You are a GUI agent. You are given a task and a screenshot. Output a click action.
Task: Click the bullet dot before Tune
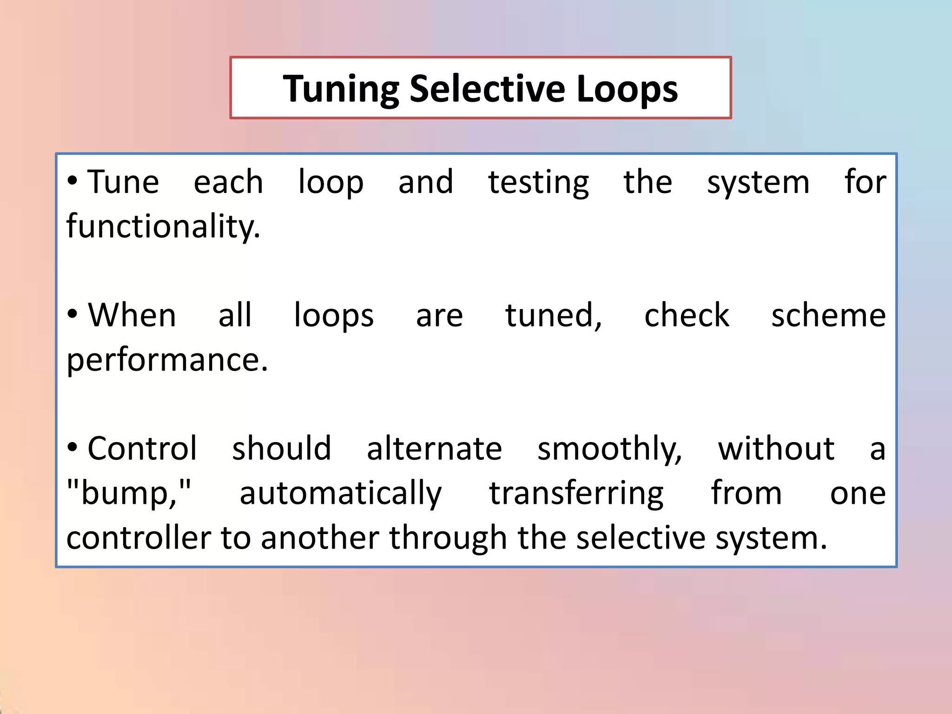72,181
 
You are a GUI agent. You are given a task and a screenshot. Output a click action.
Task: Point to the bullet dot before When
72,315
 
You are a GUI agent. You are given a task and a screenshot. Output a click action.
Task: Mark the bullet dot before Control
72,448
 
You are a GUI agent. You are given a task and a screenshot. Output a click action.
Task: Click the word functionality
163,226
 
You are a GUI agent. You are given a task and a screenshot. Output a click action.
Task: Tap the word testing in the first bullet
538,182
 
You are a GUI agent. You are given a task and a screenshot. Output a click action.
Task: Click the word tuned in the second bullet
553,315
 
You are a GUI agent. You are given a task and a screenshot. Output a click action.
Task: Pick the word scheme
828,315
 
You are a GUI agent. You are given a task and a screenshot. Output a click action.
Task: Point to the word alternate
434,448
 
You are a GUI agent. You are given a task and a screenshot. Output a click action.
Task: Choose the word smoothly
609,449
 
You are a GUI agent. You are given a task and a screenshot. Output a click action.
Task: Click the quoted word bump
129,493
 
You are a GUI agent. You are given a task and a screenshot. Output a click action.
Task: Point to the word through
448,538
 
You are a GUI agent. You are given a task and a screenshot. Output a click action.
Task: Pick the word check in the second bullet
687,315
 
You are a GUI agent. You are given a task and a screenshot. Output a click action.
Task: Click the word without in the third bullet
776,448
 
